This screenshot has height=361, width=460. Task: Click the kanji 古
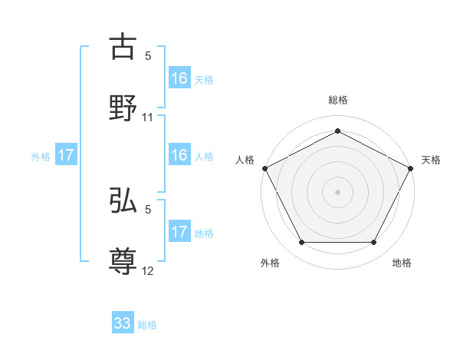[x=123, y=48]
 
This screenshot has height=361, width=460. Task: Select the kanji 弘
[x=123, y=202]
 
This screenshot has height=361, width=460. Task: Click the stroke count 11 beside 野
[x=148, y=118]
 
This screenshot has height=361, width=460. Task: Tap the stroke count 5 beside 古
[x=148, y=56]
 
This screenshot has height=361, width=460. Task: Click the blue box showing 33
[x=123, y=323]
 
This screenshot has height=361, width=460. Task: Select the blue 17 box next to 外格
[x=66, y=156]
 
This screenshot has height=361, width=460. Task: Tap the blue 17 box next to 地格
[x=179, y=232]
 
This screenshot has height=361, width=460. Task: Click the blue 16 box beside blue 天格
[x=179, y=78]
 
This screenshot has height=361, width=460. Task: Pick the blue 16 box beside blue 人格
[x=179, y=156]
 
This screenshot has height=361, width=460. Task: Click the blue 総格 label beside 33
[x=147, y=325]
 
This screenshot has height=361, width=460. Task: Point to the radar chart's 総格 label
[x=338, y=100]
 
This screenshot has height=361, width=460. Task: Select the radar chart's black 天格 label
[x=431, y=160]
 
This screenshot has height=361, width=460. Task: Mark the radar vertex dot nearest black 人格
[x=264, y=167]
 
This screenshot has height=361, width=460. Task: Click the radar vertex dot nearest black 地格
[x=374, y=243]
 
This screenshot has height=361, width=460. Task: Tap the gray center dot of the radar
[x=337, y=191]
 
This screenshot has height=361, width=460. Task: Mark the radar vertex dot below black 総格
[x=337, y=131]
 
